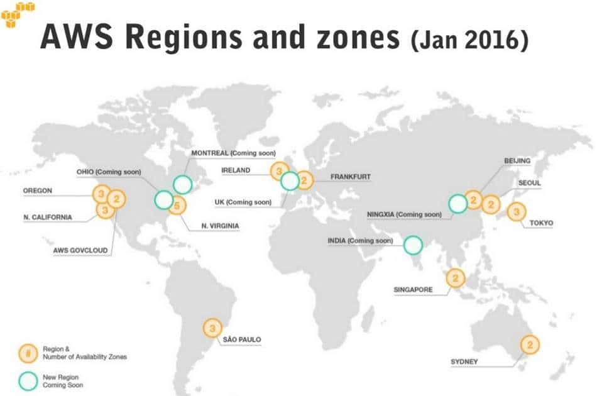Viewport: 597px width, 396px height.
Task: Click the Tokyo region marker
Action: click(517, 213)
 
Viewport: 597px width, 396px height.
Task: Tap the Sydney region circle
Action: click(530, 344)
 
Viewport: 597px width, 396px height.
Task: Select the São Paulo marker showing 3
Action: click(213, 327)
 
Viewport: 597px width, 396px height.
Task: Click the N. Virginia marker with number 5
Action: click(178, 205)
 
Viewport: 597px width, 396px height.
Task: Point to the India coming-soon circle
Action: click(413, 245)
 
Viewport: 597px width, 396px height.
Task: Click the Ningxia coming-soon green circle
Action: click(458, 203)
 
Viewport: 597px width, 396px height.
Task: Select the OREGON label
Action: click(38, 190)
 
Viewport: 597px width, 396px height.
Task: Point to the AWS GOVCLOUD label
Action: click(80, 250)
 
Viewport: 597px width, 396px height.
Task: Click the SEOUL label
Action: click(529, 183)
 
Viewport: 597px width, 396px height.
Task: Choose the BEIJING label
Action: click(517, 161)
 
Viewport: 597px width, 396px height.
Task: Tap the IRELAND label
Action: click(236, 170)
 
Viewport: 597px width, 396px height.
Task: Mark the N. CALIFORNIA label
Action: click(48, 217)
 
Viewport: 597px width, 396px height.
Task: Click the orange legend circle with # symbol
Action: click(26, 352)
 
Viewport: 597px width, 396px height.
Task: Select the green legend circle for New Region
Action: click(26, 380)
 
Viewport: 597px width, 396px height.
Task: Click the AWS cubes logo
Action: click(18, 14)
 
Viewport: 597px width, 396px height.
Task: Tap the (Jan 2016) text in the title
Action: click(469, 40)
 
